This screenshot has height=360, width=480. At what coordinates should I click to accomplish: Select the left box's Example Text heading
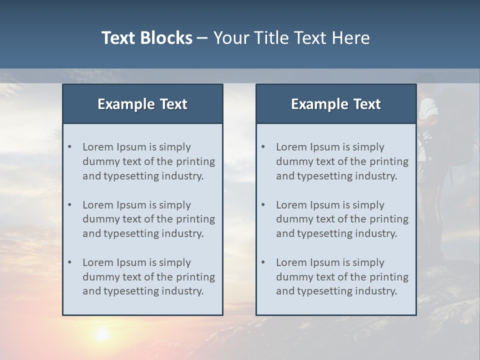pos(142,104)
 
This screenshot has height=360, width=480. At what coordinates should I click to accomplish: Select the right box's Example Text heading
pos(336,104)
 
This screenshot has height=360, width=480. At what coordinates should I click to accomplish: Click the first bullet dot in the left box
pos(69,147)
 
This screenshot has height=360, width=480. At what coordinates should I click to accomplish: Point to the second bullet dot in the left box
pos(69,205)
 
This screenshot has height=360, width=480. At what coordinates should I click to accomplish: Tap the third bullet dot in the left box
pos(69,262)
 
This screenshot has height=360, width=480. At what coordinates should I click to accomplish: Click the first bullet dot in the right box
pos(263,147)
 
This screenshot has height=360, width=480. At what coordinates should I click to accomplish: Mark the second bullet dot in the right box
pos(263,205)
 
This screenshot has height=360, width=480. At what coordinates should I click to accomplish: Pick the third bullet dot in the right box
pos(263,262)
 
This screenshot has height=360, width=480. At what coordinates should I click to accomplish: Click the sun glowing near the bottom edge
pos(102,334)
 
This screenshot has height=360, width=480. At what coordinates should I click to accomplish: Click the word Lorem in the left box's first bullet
pos(98,147)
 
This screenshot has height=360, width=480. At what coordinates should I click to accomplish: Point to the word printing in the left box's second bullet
pos(195,219)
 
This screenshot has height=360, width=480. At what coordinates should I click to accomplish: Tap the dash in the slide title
pos(202,38)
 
